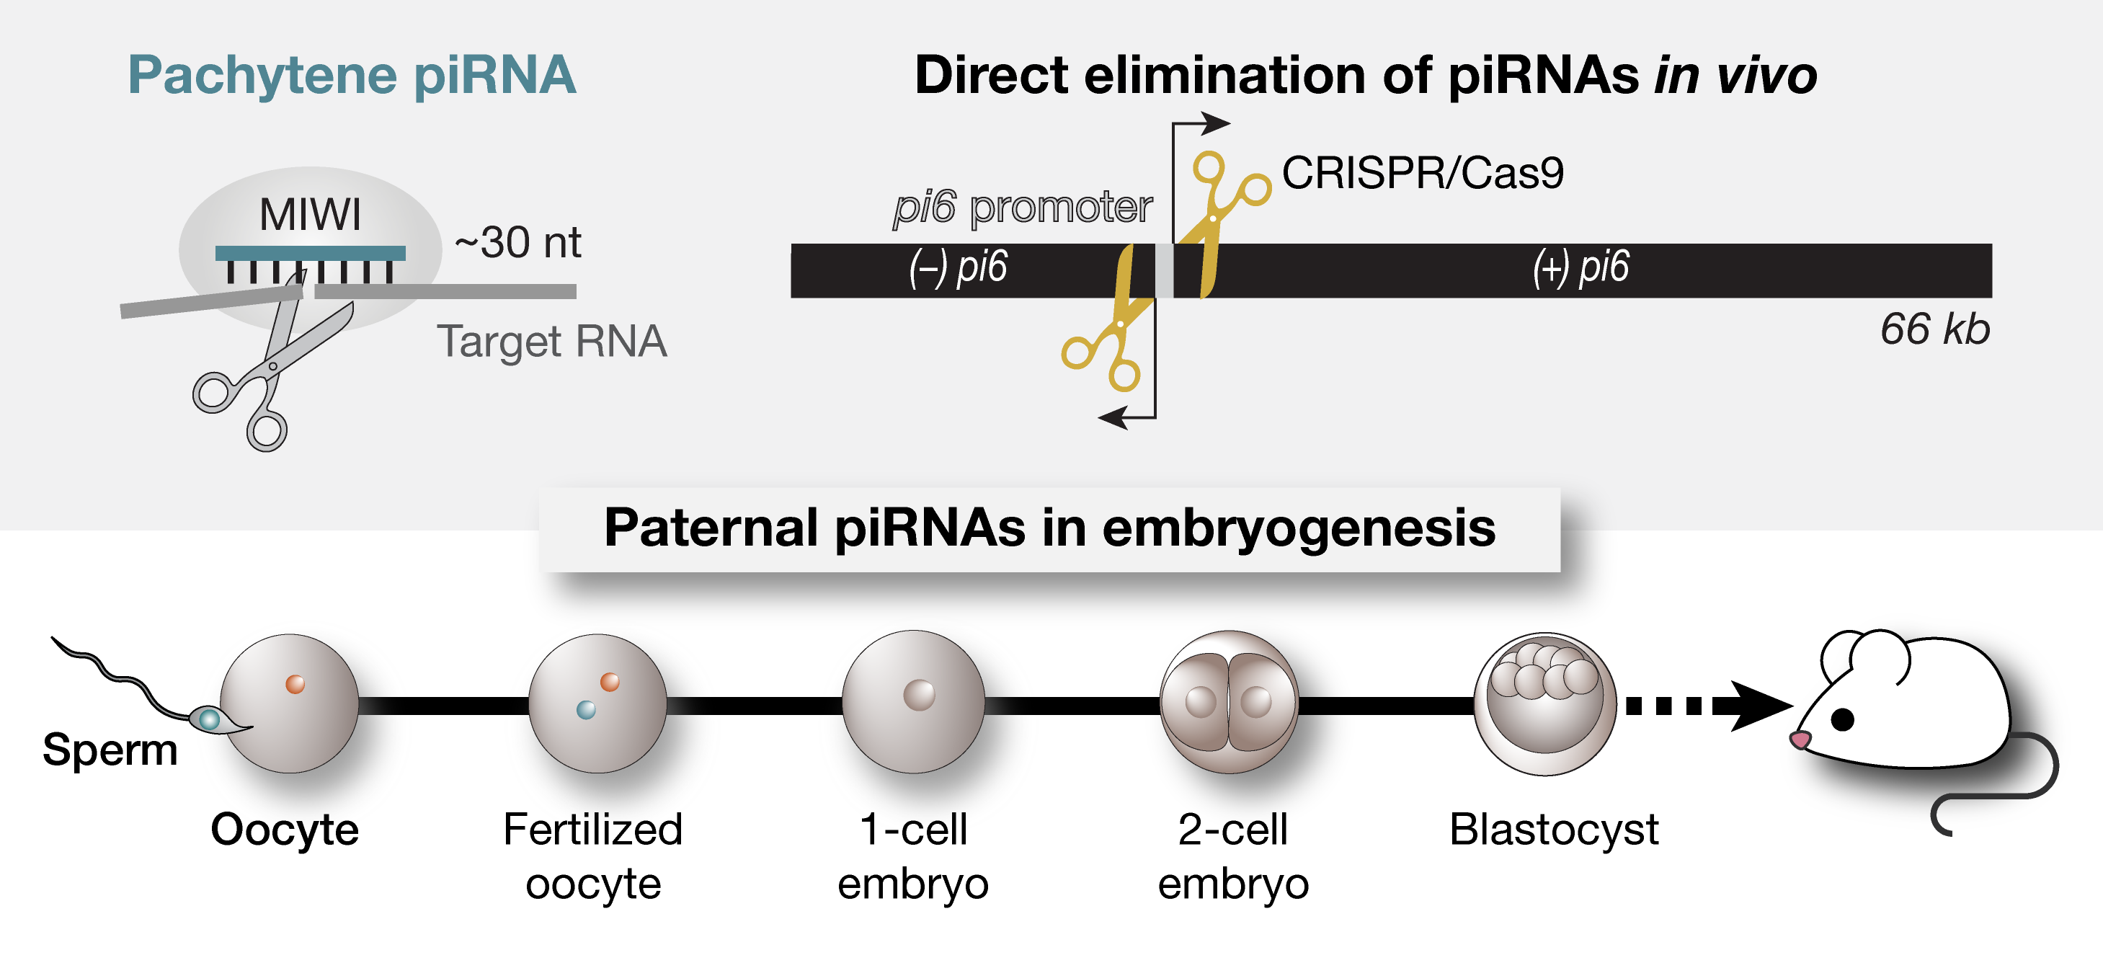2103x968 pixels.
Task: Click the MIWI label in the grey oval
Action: [x=309, y=216]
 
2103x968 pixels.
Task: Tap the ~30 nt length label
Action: [x=517, y=242]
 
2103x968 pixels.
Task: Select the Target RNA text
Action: [x=552, y=341]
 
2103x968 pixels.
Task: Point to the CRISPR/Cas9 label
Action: [x=1422, y=173]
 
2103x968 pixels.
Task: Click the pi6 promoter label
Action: [x=1022, y=208]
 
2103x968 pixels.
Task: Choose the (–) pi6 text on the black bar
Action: [x=959, y=267]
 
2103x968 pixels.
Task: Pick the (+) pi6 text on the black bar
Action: [x=1580, y=267]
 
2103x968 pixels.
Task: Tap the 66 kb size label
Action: [x=1934, y=329]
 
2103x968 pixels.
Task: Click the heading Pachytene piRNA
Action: [x=352, y=75]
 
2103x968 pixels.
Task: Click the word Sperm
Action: [x=110, y=750]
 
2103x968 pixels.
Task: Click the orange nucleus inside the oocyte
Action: [x=295, y=684]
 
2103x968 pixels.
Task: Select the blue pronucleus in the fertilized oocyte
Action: [x=585, y=709]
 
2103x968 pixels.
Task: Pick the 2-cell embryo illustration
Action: [x=1229, y=702]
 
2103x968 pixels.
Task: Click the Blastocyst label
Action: [x=1553, y=830]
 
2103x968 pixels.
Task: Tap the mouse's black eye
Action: [x=1843, y=719]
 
